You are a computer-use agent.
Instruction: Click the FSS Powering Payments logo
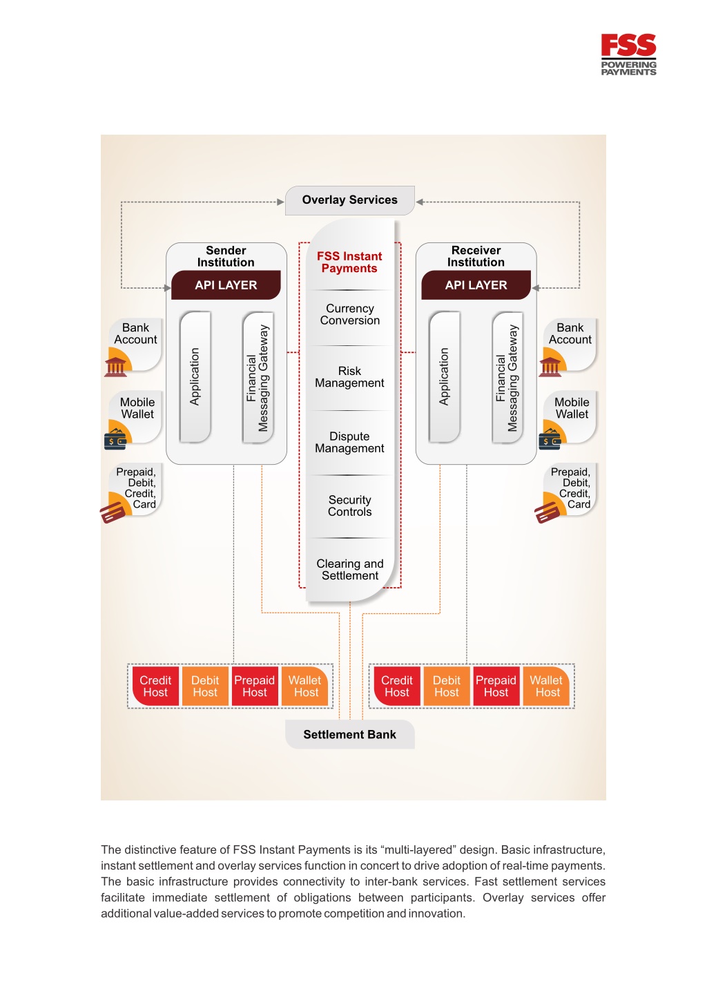click(628, 55)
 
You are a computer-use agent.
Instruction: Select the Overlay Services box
click(350, 200)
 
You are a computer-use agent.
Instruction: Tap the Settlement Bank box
click(350, 734)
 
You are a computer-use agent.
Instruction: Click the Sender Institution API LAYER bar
click(226, 285)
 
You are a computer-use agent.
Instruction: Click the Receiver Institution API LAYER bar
click(476, 285)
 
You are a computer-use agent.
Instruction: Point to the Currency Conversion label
click(350, 314)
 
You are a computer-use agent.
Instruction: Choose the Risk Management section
click(349, 377)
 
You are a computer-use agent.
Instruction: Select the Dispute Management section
click(349, 443)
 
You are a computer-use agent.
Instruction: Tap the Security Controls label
click(350, 506)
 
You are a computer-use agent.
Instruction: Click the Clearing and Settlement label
click(350, 570)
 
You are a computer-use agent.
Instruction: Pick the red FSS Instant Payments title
click(349, 262)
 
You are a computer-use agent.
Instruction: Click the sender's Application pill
click(195, 377)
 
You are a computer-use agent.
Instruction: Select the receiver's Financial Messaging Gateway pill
click(507, 378)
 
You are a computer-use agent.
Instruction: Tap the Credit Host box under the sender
click(155, 686)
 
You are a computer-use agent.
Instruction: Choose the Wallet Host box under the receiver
click(547, 686)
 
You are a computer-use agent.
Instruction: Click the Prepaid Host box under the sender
click(254, 686)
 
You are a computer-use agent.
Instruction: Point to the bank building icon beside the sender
click(115, 367)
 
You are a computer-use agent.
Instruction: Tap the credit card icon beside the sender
click(112, 512)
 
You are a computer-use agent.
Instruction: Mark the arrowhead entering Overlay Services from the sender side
click(280, 202)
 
